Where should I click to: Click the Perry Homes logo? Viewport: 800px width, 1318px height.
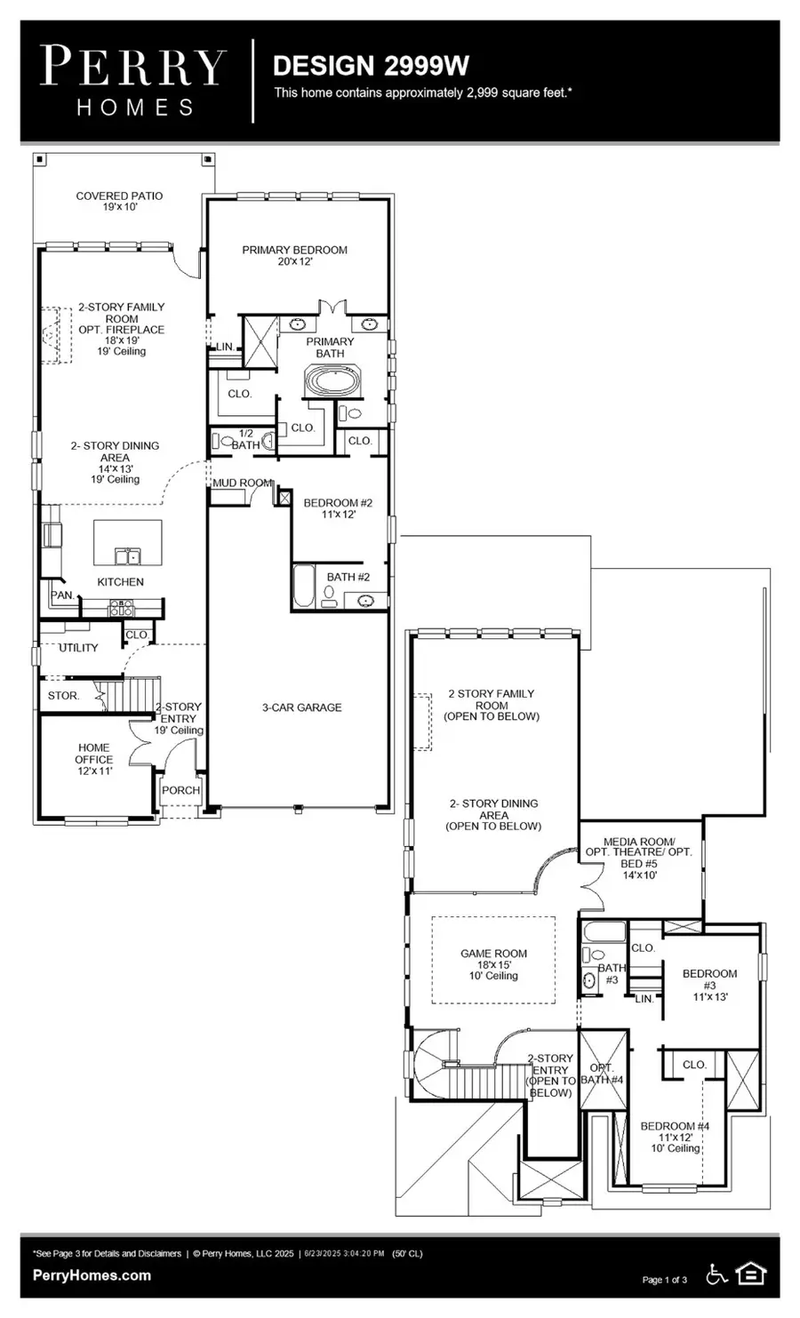click(133, 81)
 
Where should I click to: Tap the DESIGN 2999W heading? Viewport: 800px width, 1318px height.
click(371, 66)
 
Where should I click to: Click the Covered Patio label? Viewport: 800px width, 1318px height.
click(119, 201)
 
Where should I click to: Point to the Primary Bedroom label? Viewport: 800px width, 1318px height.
click(295, 255)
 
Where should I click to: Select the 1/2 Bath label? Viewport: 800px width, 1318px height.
click(245, 440)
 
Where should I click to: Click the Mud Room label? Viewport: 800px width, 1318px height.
click(243, 483)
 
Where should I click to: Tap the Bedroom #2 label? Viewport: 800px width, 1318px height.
click(338, 508)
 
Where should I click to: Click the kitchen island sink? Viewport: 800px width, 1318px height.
click(128, 556)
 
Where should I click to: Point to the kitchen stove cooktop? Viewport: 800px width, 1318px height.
click(121, 608)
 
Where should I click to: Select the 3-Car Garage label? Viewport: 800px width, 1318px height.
click(302, 707)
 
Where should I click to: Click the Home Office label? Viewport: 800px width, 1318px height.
click(94, 759)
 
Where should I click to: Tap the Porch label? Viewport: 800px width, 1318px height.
click(181, 790)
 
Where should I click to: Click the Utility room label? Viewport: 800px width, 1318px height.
click(78, 648)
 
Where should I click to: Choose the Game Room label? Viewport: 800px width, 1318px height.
click(494, 964)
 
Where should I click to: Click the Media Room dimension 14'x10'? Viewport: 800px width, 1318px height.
click(640, 875)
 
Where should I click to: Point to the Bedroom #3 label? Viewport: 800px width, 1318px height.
click(710, 985)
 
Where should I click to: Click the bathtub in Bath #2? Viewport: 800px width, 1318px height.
click(304, 586)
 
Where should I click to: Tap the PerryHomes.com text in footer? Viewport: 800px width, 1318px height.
click(92, 1275)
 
